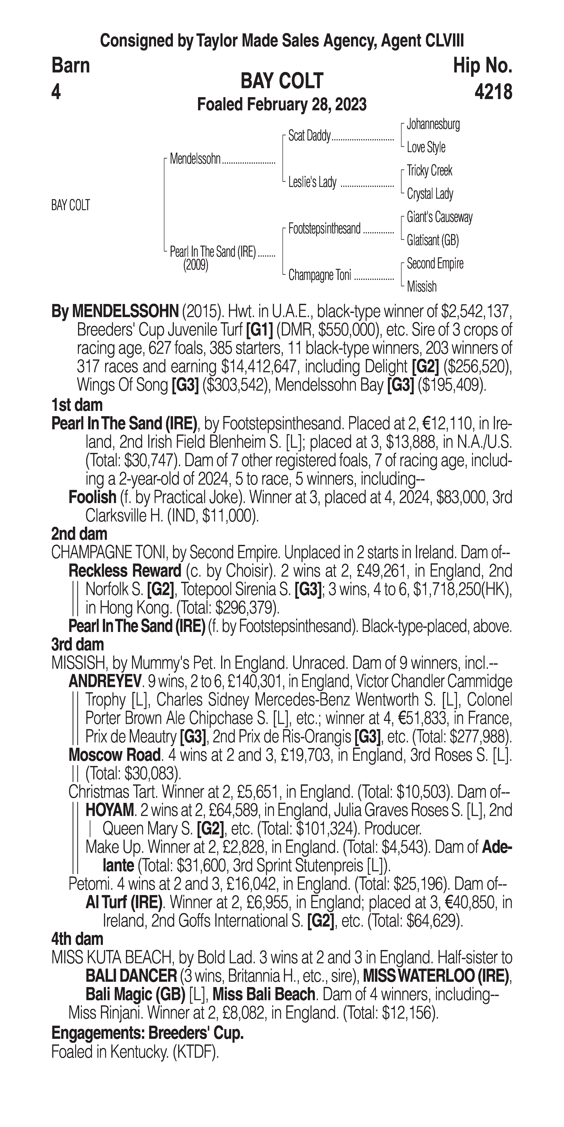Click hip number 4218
[x=493, y=92]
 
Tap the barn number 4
[x=56, y=92]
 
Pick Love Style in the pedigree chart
[x=426, y=147]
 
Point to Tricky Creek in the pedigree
[x=429, y=171]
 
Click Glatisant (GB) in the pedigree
[x=432, y=240]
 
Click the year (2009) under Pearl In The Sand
[x=195, y=265]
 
